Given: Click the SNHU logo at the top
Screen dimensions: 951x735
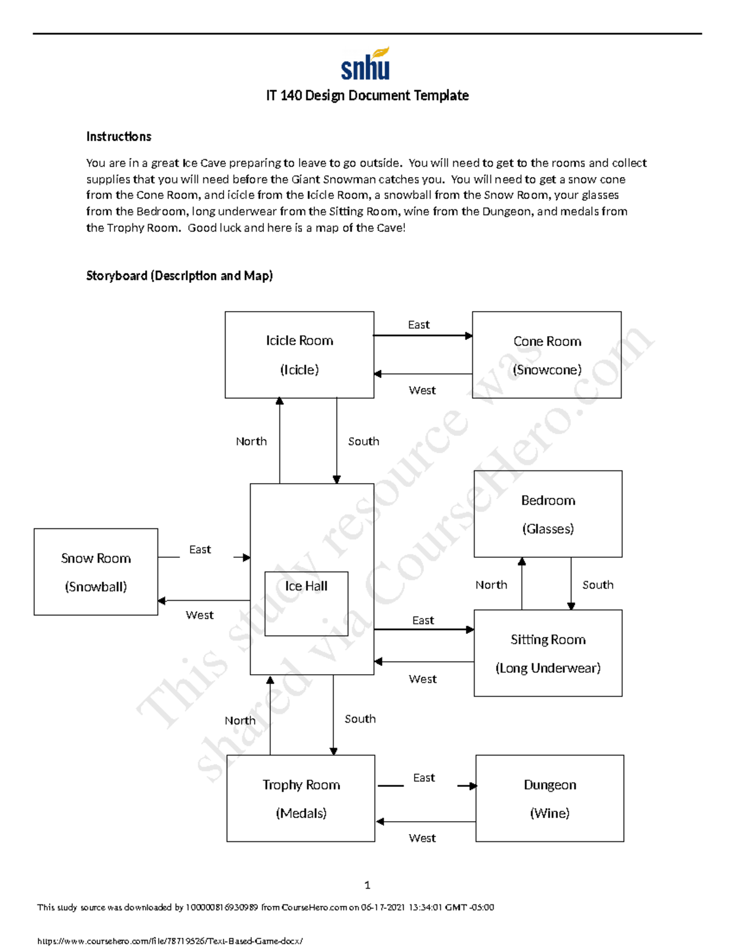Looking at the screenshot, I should pos(366,64).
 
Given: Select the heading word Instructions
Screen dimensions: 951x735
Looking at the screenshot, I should pos(118,137).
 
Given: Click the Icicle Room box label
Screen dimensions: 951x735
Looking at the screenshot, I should pos(300,340).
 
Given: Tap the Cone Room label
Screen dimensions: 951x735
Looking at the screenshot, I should pos(547,341).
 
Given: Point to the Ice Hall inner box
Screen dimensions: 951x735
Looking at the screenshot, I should pos(306,603).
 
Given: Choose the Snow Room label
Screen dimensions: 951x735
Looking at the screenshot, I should pos(96,558).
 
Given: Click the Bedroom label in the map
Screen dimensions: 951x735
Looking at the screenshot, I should pos(548,500).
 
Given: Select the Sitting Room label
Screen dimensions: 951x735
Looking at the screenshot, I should pos(548,639).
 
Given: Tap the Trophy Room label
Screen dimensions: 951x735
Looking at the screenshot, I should pos(301,784).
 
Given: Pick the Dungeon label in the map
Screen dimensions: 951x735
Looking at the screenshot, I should pos(549,784).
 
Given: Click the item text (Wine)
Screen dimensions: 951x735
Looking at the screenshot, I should pos(549,813).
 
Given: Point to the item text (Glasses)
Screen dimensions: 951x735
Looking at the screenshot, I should pos(548,529).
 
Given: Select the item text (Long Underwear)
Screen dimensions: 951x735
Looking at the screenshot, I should pos(548,668).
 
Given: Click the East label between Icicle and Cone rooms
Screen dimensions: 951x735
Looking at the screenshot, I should pos(419,325).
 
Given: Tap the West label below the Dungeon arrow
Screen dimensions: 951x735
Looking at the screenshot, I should pos(422,838).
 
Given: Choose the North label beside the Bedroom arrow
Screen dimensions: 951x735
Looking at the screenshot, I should pos(491,585).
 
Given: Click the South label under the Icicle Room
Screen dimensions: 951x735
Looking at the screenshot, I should pos(363,441).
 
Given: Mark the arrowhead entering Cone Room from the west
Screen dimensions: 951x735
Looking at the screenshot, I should pos(469,336).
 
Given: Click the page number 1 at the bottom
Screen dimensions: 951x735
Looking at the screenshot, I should pos(367,885).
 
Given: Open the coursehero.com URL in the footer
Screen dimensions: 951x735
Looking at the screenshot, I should pos(170,941).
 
